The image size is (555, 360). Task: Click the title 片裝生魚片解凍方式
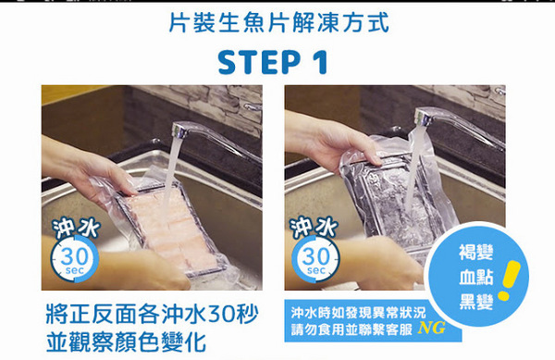tap(278, 21)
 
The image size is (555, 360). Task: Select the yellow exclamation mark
tap(506, 281)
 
